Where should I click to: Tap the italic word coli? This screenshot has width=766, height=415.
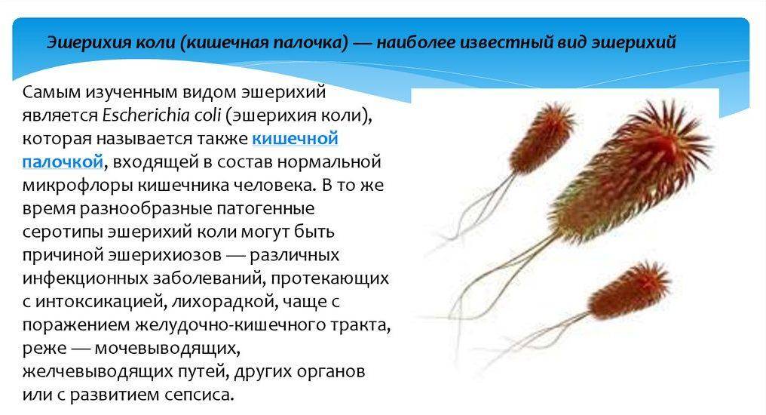coord(207,115)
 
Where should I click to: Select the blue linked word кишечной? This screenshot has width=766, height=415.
coord(295,139)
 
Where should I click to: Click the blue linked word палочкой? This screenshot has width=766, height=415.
coord(63,161)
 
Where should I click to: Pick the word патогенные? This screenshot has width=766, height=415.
coord(265,209)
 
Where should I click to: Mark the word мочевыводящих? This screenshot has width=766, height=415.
coord(167,348)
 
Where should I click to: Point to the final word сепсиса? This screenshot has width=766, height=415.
coord(199,395)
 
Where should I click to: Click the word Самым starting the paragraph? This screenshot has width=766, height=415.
coord(51,92)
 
